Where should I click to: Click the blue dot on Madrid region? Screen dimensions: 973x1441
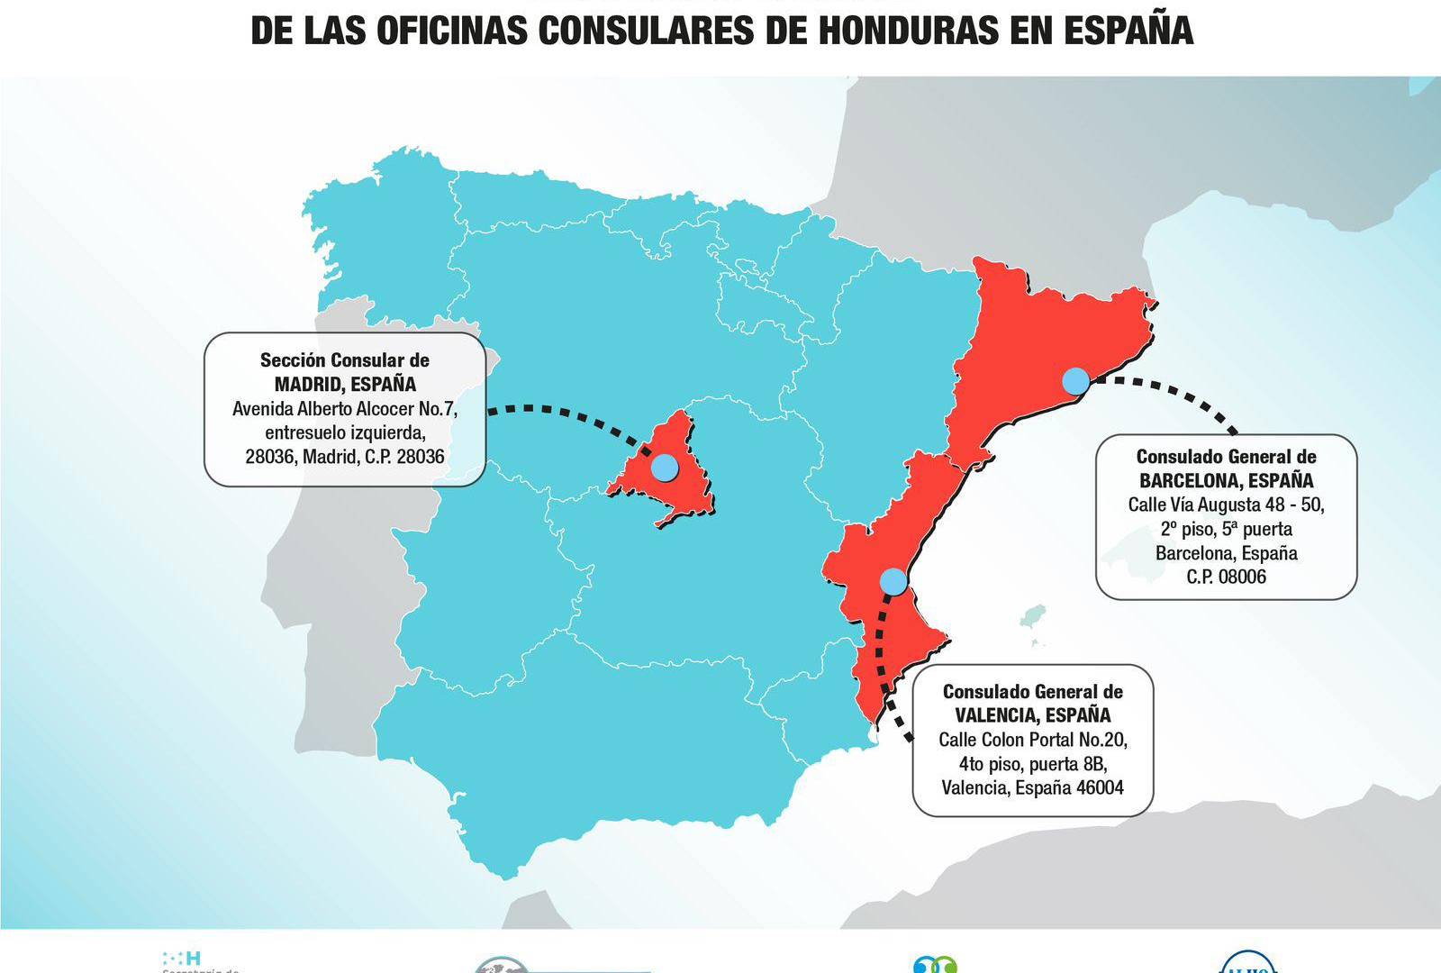click(x=664, y=467)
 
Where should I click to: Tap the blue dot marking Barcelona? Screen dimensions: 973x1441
click(x=1075, y=380)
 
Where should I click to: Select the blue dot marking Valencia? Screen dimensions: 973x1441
click(x=893, y=581)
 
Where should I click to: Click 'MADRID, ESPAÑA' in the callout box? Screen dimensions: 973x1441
click(x=345, y=384)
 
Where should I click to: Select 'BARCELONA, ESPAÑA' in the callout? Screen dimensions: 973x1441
click(x=1226, y=480)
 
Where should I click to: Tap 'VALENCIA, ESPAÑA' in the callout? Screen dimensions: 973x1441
click(x=1032, y=715)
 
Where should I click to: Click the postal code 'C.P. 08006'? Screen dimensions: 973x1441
click(x=1226, y=577)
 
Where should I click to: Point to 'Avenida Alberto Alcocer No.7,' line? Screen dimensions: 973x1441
click(x=345, y=408)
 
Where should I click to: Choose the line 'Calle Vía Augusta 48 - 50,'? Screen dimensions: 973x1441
click(x=1226, y=505)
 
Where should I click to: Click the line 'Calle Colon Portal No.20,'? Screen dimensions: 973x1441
click(x=1032, y=740)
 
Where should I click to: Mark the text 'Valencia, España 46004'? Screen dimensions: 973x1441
click(x=1032, y=787)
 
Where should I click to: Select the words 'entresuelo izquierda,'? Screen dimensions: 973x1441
click(x=345, y=432)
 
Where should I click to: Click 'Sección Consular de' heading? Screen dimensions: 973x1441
click(x=345, y=360)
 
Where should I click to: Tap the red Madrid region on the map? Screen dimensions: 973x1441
click(x=684, y=491)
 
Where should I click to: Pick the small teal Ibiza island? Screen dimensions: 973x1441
click(x=1032, y=618)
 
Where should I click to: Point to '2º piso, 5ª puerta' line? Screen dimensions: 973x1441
click(x=1226, y=529)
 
